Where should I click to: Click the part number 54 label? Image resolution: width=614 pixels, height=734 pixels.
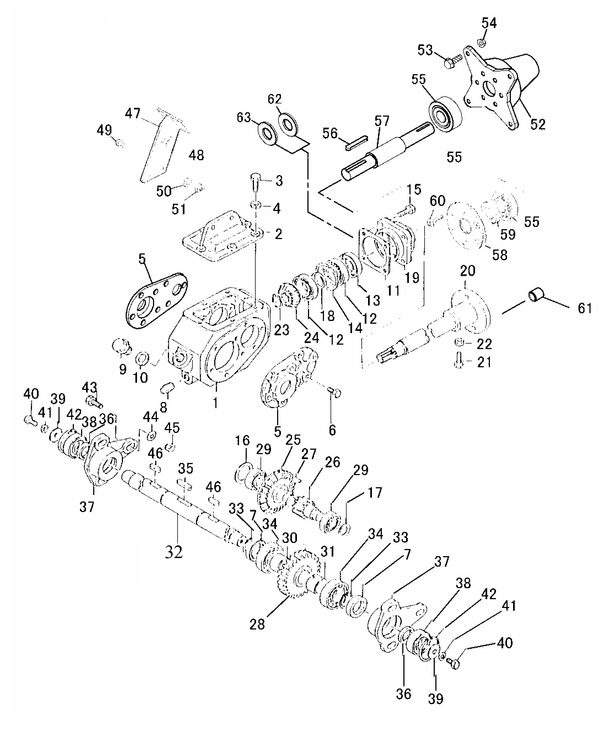pos(489,23)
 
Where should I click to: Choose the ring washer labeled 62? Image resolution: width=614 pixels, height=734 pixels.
pos(288,123)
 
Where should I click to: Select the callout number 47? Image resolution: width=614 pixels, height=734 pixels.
pos(133,113)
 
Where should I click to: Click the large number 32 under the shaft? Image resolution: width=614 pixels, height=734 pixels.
pos(174,551)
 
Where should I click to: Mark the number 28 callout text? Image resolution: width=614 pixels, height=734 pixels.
pos(257,624)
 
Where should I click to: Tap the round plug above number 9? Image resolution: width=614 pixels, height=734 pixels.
pos(120,345)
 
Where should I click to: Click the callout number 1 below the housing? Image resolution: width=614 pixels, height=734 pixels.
pos(216,403)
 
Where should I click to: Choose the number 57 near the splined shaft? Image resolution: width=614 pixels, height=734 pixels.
pos(382,121)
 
